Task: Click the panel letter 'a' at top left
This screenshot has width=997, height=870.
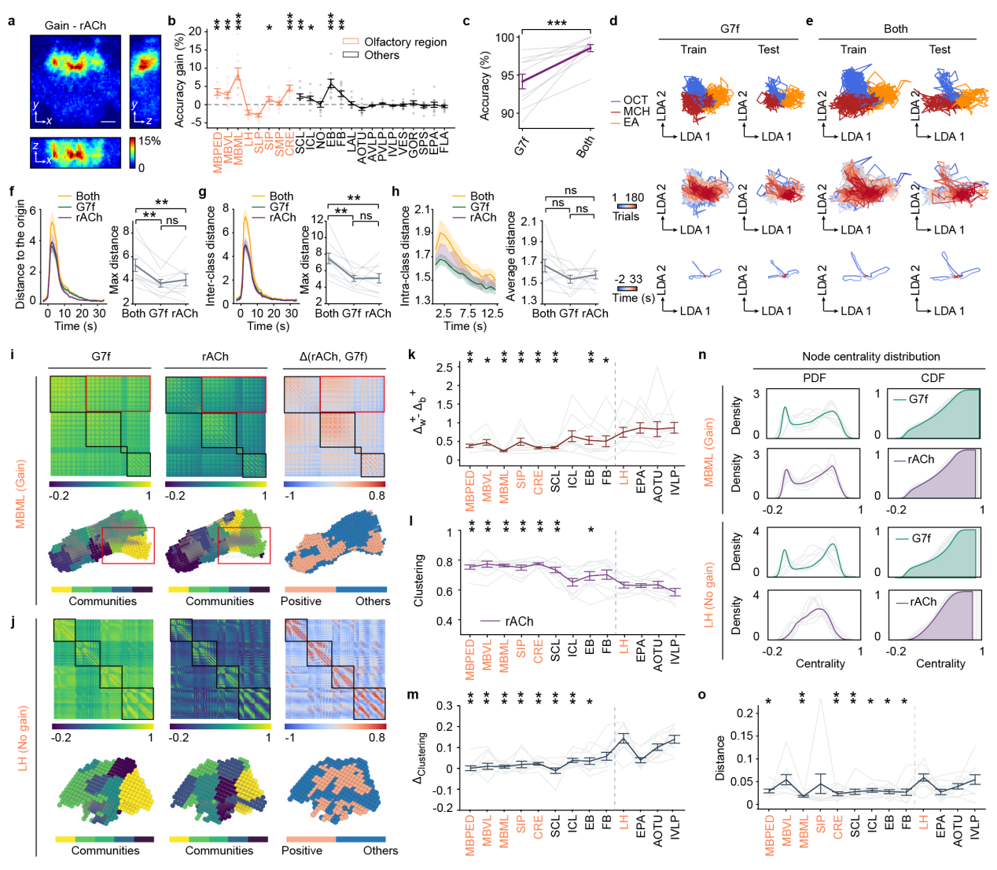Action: pyautogui.click(x=11, y=20)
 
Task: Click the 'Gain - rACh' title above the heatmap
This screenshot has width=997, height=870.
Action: pyautogui.click(x=75, y=25)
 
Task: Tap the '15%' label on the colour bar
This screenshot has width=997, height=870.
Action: pyautogui.click(x=149, y=141)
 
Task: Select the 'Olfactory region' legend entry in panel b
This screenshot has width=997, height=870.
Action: pyautogui.click(x=405, y=42)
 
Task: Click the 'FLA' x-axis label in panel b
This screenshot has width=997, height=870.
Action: pyautogui.click(x=444, y=142)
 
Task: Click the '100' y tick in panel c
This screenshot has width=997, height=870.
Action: pyautogui.click(x=505, y=38)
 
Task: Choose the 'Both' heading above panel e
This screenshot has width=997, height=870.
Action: pyautogui.click(x=896, y=28)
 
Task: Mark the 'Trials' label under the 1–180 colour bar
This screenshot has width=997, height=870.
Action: pyautogui.click(x=626, y=216)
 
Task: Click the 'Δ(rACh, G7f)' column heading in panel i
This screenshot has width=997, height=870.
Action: pyautogui.click(x=334, y=356)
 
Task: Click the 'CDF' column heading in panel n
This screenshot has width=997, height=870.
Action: pyautogui.click(x=933, y=377)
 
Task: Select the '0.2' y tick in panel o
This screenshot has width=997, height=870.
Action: pyautogui.click(x=743, y=712)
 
